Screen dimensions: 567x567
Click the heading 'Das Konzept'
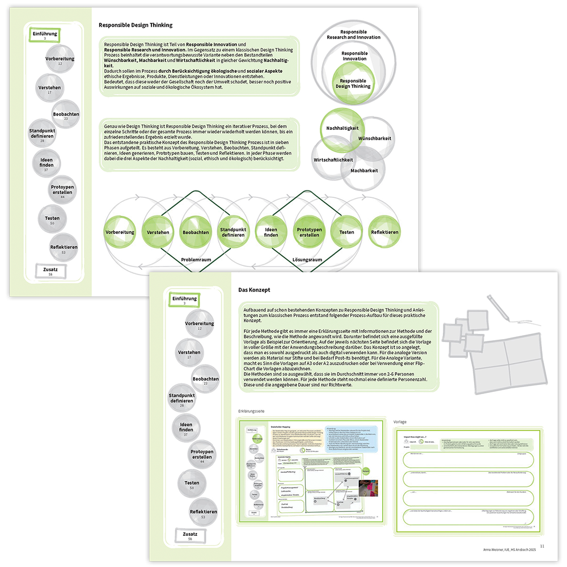254,290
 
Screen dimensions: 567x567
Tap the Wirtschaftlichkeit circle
333,159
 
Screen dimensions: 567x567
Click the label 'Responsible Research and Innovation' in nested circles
354,35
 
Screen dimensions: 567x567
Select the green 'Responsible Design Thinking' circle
354,84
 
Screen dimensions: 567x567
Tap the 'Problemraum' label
197,260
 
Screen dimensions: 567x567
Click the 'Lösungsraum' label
307,260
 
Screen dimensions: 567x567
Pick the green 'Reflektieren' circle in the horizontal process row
384,232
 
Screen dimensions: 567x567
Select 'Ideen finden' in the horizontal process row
271,232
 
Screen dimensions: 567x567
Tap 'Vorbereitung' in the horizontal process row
120,232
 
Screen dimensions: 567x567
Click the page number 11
542,545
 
